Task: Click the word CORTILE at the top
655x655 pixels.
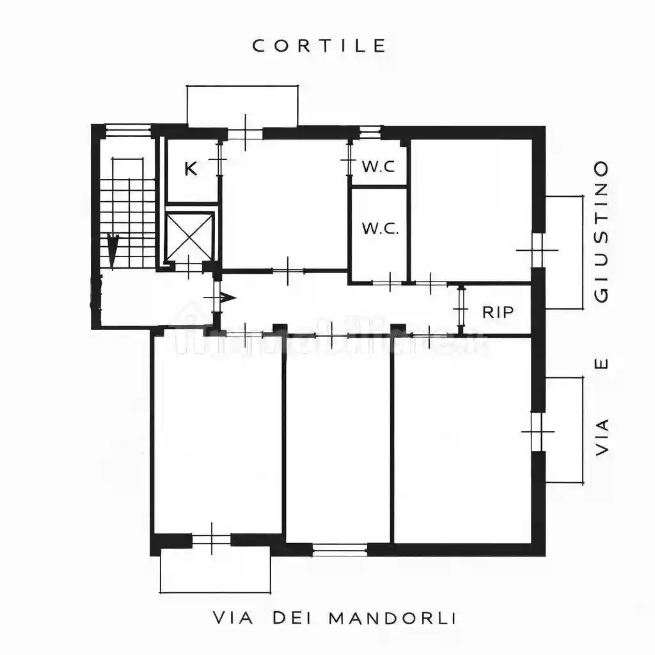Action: [x=320, y=46]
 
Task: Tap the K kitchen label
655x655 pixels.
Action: [x=190, y=170]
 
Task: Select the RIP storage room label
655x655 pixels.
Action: [x=498, y=312]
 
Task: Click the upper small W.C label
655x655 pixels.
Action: [x=379, y=167]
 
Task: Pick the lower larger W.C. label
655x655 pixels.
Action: [x=380, y=228]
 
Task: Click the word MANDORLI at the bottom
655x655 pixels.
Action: [x=391, y=619]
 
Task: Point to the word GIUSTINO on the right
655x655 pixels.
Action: [x=601, y=232]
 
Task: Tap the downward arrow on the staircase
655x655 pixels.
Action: [x=113, y=250]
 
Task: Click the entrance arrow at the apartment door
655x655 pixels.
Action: [x=227, y=297]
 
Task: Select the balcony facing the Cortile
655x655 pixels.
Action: [x=242, y=106]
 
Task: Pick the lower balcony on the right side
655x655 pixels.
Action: [x=564, y=430]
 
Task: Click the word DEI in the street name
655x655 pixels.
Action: [x=290, y=619]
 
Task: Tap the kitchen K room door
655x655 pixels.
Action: [x=219, y=159]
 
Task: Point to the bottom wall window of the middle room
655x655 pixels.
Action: [x=340, y=549]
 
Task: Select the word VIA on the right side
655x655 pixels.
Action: [x=601, y=437]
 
